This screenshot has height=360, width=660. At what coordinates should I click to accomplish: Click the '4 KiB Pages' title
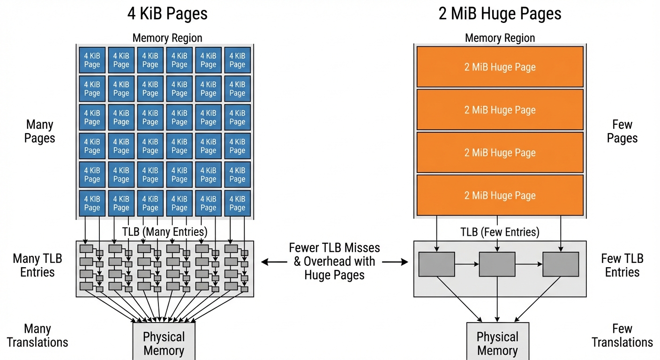(167, 14)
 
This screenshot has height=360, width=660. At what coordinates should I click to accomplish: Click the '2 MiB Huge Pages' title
(500, 14)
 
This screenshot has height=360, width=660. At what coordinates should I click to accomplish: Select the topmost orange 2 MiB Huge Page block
(500, 67)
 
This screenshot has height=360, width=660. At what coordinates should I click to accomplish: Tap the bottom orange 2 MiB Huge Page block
(500, 195)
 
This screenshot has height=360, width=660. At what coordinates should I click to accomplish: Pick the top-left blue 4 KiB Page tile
(92, 60)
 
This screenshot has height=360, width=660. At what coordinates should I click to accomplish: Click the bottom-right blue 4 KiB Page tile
(237, 203)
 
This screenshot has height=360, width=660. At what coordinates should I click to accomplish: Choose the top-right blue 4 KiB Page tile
(237, 60)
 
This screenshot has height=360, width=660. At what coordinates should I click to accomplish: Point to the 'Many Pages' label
(40, 131)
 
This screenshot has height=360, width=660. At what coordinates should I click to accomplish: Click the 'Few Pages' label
(622, 131)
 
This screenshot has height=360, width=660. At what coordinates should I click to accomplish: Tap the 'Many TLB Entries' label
(37, 265)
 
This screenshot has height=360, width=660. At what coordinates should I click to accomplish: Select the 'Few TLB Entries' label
(622, 265)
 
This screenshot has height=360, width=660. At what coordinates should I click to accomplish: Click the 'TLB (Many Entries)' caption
(165, 232)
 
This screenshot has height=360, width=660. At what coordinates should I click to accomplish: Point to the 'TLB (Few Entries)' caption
(500, 232)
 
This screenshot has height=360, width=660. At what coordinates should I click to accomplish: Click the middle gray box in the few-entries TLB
(497, 264)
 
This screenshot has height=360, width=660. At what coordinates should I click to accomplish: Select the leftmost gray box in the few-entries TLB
(436, 264)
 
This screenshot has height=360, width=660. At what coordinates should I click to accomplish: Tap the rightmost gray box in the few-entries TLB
(560, 264)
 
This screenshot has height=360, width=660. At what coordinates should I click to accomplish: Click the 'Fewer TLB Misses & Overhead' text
(334, 261)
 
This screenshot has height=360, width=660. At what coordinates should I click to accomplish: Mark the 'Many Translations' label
(37, 336)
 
